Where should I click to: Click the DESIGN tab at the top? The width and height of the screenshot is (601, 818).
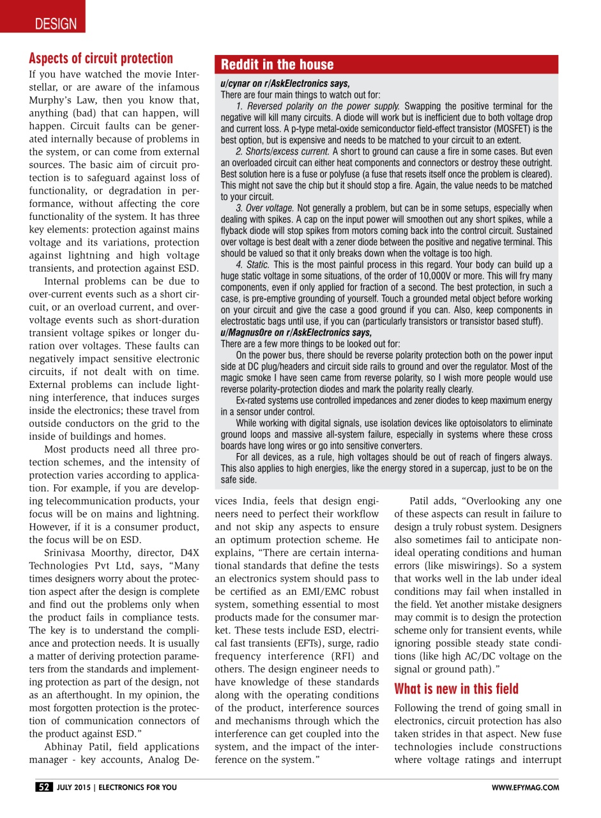pos(56,24)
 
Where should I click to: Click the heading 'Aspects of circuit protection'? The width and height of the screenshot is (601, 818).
pos(101,58)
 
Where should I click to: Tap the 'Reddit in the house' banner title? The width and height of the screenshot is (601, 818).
pos(277,65)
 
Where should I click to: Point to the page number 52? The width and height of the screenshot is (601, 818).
pos(44,787)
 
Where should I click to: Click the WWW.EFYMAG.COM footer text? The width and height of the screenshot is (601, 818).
pos(526,787)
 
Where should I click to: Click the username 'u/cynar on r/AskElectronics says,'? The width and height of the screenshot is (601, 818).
pos(285,84)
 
